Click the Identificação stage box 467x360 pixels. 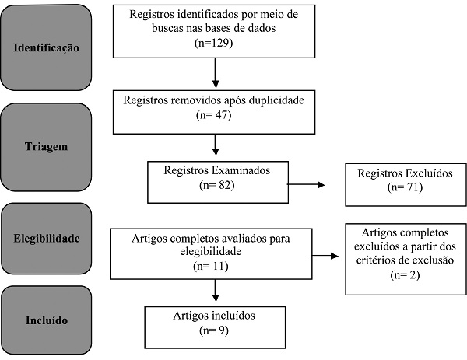[46, 47]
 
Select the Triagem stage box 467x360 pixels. [46, 145]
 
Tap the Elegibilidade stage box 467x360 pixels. [46, 238]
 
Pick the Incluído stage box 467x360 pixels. [46, 320]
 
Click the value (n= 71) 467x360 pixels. [395, 188]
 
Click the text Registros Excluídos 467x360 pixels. [395, 173]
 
